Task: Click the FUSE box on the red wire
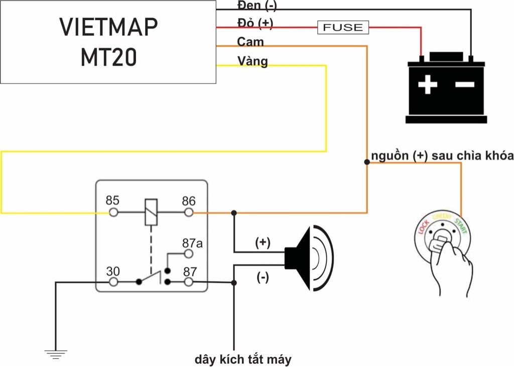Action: point(343,27)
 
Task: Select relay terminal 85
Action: point(114,213)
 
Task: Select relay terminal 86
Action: point(189,213)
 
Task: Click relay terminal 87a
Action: point(189,254)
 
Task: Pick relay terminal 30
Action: point(114,282)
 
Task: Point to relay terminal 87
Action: point(189,282)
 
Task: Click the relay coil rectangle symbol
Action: point(151,212)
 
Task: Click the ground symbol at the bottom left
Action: point(55,354)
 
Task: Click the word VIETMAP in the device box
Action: point(108,27)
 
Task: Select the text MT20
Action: point(108,58)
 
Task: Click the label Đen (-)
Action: point(256,6)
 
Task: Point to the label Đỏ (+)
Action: point(254,23)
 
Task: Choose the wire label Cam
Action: point(250,42)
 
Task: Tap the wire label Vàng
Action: point(252,61)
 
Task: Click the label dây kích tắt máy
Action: point(243,359)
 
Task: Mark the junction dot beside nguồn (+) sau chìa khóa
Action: point(367,162)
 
